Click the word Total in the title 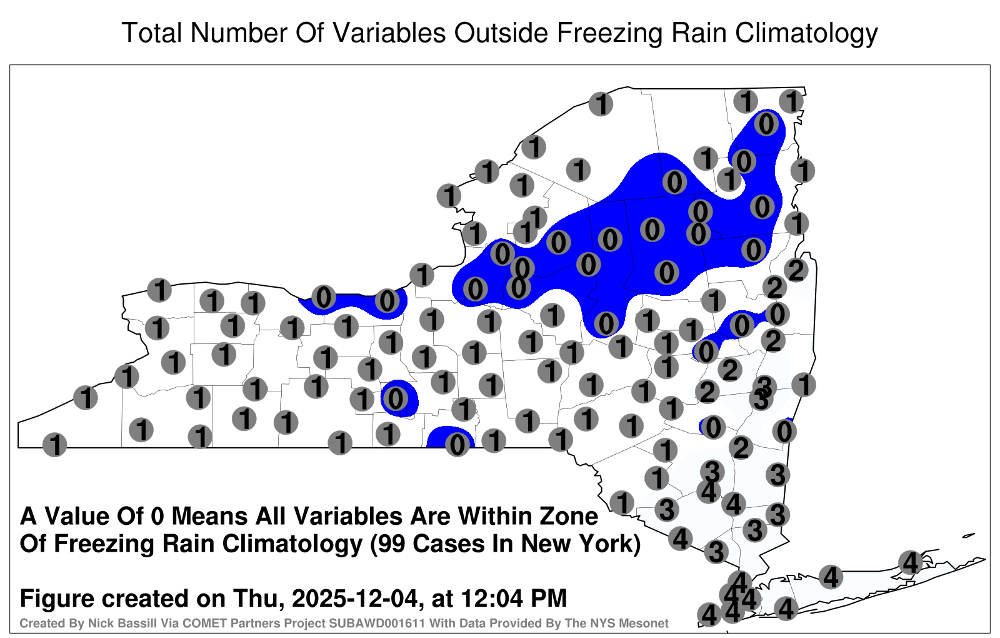click(152, 33)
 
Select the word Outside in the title click(501, 33)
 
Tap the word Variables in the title click(389, 33)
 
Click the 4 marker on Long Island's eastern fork click(910, 562)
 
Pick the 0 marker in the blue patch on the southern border click(457, 445)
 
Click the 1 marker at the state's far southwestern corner click(54, 445)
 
